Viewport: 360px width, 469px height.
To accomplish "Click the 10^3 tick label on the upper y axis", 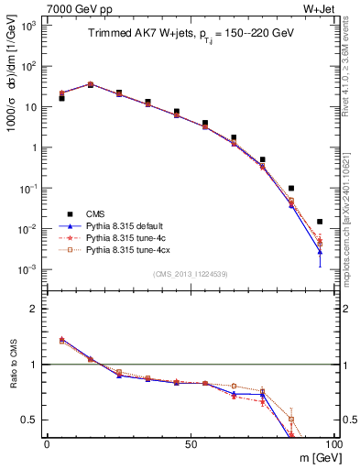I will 28,26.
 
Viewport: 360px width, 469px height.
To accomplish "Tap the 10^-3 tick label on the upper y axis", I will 28,269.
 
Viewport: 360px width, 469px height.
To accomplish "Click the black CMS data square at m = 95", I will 320,222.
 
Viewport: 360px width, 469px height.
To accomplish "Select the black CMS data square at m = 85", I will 291,188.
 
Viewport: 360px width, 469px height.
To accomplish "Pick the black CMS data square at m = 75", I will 263,159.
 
